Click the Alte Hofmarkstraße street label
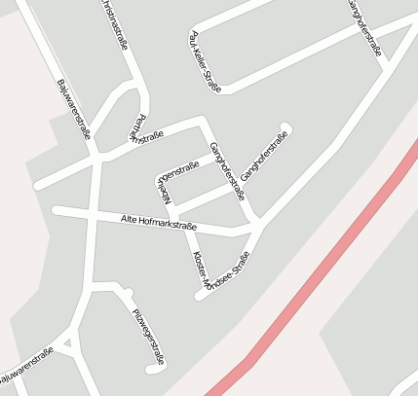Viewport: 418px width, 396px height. (x=158, y=223)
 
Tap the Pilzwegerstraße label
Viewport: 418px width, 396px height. (x=148, y=336)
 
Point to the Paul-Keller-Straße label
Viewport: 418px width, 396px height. (x=202, y=60)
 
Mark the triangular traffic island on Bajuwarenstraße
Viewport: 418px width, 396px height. (x=65, y=342)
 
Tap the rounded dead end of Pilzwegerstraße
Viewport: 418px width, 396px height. (x=151, y=370)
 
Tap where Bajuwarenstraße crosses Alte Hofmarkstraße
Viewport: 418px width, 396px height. (x=92, y=214)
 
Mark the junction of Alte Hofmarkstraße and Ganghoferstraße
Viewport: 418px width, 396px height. (x=256, y=229)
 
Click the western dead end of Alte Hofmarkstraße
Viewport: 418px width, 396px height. (x=57, y=210)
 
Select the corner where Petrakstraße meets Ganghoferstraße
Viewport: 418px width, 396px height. (x=203, y=121)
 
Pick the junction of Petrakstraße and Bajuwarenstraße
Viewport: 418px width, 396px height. (x=95, y=158)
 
